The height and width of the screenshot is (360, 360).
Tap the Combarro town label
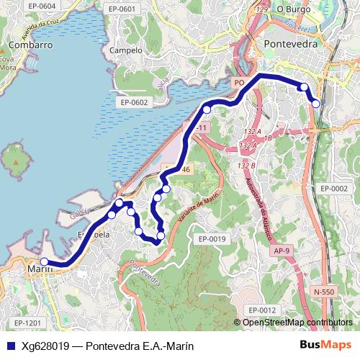pos(31,44)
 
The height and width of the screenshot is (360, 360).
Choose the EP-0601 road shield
pos(121,9)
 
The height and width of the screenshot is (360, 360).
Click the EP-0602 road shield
pos(134,102)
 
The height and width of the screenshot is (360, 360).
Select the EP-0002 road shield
pos(334,189)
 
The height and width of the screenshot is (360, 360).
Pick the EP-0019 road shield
pos(212,239)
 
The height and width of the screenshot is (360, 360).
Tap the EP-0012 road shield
pos(262,310)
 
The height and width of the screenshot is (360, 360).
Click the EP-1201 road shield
pos(27,323)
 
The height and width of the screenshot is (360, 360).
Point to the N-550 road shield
pos(324,292)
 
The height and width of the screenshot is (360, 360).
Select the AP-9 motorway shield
pos(282,251)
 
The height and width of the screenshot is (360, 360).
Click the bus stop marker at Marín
pos(45,262)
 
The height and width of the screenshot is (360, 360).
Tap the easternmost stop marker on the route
pos(315,103)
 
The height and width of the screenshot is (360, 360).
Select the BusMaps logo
pos(325,346)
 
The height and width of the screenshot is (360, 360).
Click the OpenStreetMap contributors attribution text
pos(297,323)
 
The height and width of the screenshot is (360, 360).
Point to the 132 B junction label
pos(247,166)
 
